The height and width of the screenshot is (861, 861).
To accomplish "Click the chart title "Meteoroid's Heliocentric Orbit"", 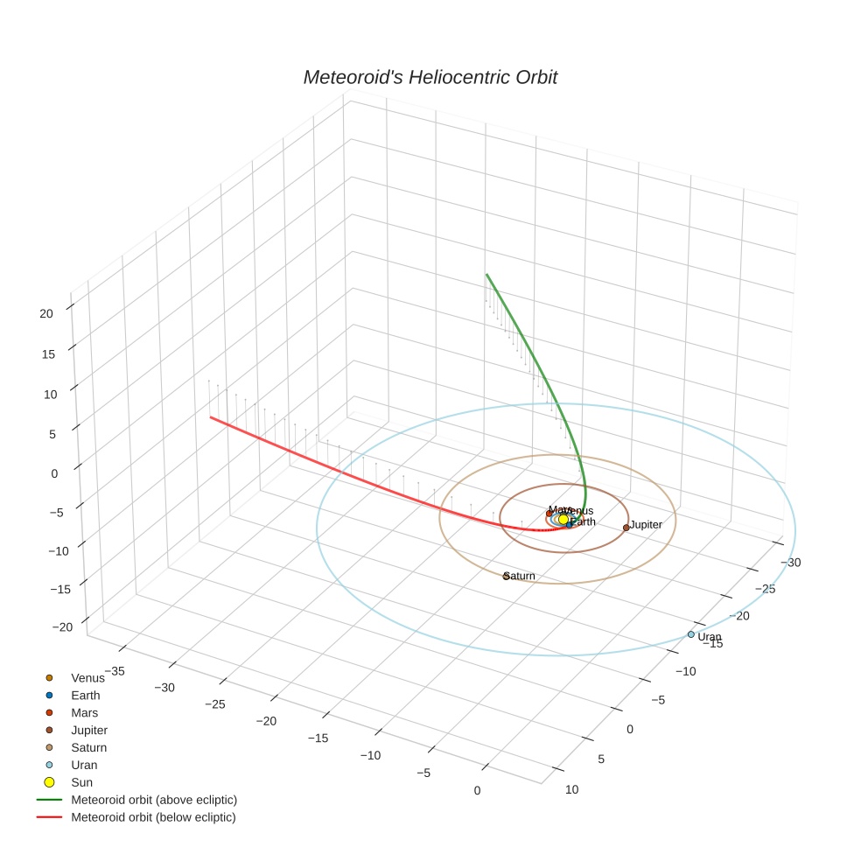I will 430,77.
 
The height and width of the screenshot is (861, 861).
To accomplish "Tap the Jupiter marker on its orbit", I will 626,528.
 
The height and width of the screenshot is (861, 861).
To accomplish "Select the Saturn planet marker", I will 506,576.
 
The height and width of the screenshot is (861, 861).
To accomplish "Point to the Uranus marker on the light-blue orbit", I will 690,634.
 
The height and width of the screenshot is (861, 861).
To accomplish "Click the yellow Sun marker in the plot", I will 563,520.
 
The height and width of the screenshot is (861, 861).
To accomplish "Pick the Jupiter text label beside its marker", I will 646,524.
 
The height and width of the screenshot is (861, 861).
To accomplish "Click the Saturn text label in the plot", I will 521,576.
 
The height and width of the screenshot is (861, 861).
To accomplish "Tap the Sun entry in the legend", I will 81,782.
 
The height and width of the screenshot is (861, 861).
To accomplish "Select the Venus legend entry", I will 87,677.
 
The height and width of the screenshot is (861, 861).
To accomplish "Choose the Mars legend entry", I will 84,712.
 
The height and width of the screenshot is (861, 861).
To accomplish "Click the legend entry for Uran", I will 84,765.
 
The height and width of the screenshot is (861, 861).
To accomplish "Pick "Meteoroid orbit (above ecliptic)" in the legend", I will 153,800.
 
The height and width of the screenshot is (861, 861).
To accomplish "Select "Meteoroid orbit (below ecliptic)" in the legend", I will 153,817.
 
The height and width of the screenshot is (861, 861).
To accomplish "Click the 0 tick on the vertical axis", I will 54,473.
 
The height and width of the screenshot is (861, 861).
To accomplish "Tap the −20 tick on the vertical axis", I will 63,626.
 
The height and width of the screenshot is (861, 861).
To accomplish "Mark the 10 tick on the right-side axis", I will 572,790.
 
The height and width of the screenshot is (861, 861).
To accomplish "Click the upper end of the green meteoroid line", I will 486,274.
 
